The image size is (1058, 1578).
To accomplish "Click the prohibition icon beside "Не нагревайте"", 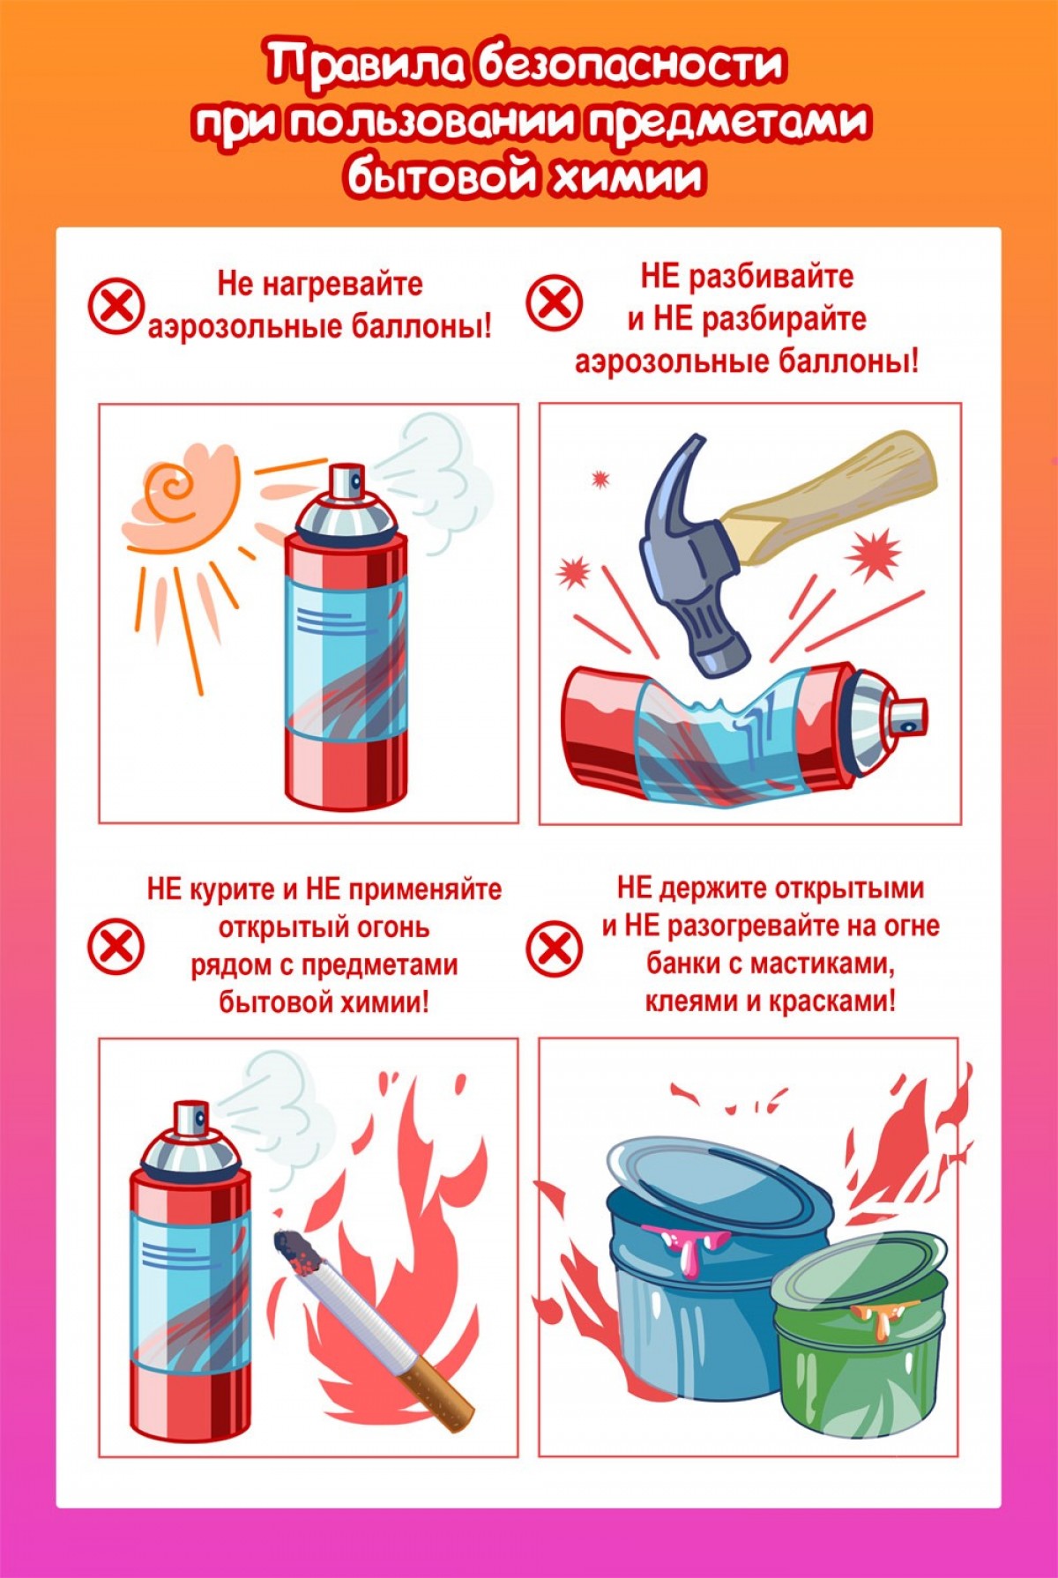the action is (115, 306).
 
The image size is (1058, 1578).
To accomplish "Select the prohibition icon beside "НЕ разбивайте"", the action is (554, 301).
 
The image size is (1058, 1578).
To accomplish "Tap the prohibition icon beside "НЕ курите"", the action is (115, 947).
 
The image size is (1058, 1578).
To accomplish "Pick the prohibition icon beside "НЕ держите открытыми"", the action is (554, 949).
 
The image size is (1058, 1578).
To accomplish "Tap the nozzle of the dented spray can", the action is (908, 713).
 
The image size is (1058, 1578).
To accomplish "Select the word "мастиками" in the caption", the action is (822, 964).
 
